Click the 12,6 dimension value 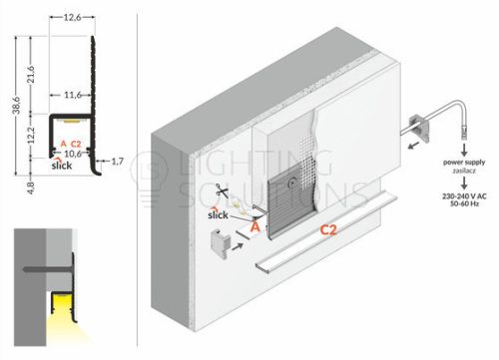72,17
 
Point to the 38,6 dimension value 16,105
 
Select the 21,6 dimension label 31,75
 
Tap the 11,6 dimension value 73,96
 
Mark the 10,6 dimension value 73,154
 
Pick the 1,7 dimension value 117,162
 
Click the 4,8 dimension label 31,188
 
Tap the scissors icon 222,190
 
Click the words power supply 464,163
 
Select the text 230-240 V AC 464,196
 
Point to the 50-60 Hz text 464,203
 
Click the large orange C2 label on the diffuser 328,230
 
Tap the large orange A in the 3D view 254,227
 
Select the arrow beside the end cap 238,246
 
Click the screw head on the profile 292,182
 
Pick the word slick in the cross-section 62,165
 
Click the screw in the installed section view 47,268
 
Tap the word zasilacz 464,171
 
